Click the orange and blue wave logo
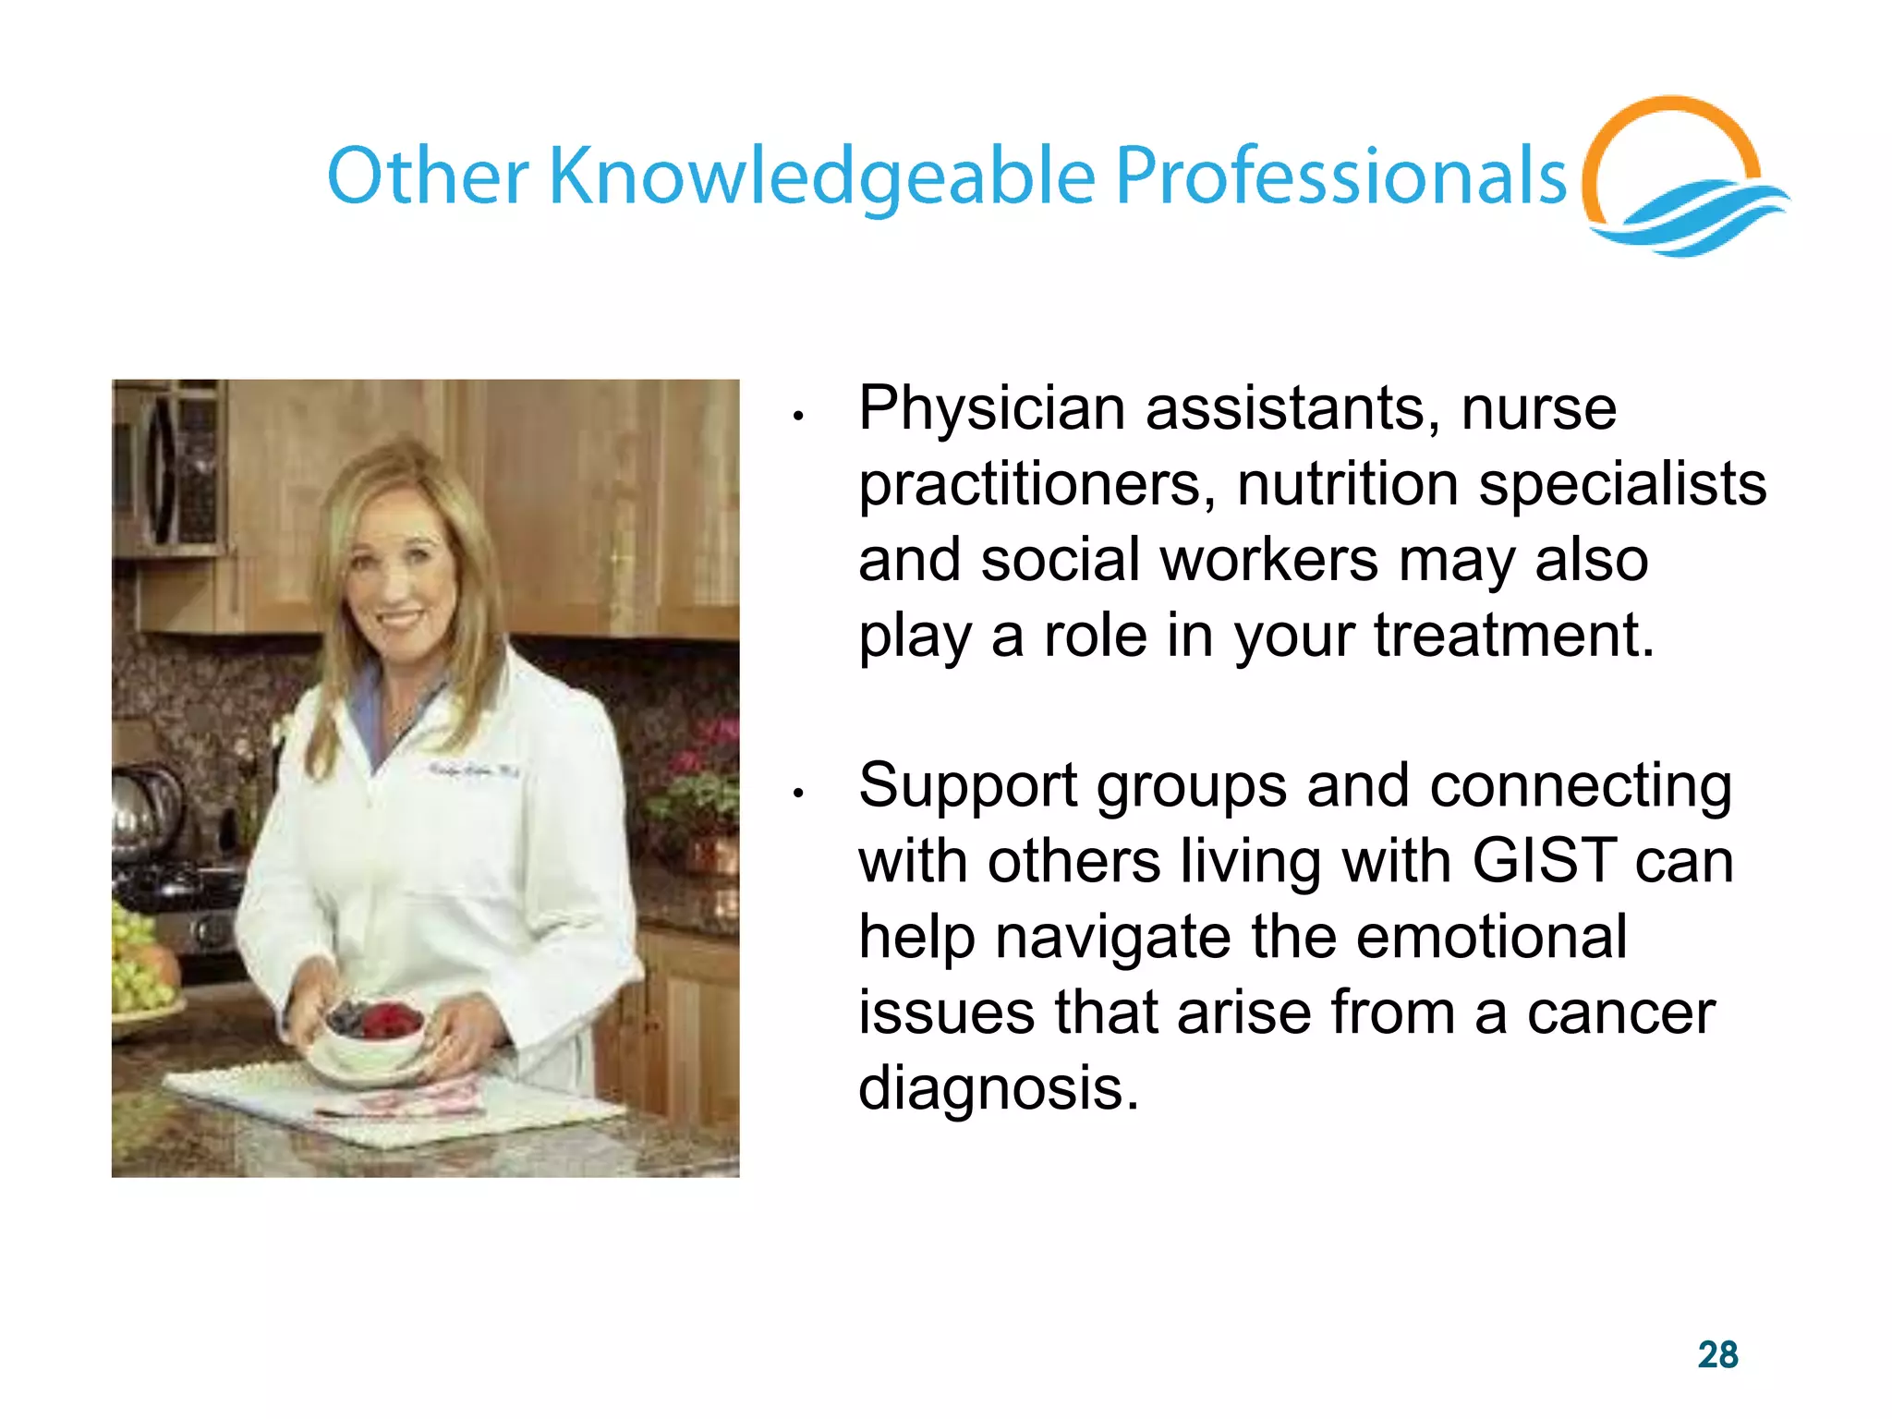1681,180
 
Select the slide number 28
1717,1354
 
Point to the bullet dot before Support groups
798,793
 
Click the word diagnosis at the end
998,1088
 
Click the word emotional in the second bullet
1491,937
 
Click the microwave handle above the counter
162,471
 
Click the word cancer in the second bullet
1620,1013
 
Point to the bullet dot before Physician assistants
798,417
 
